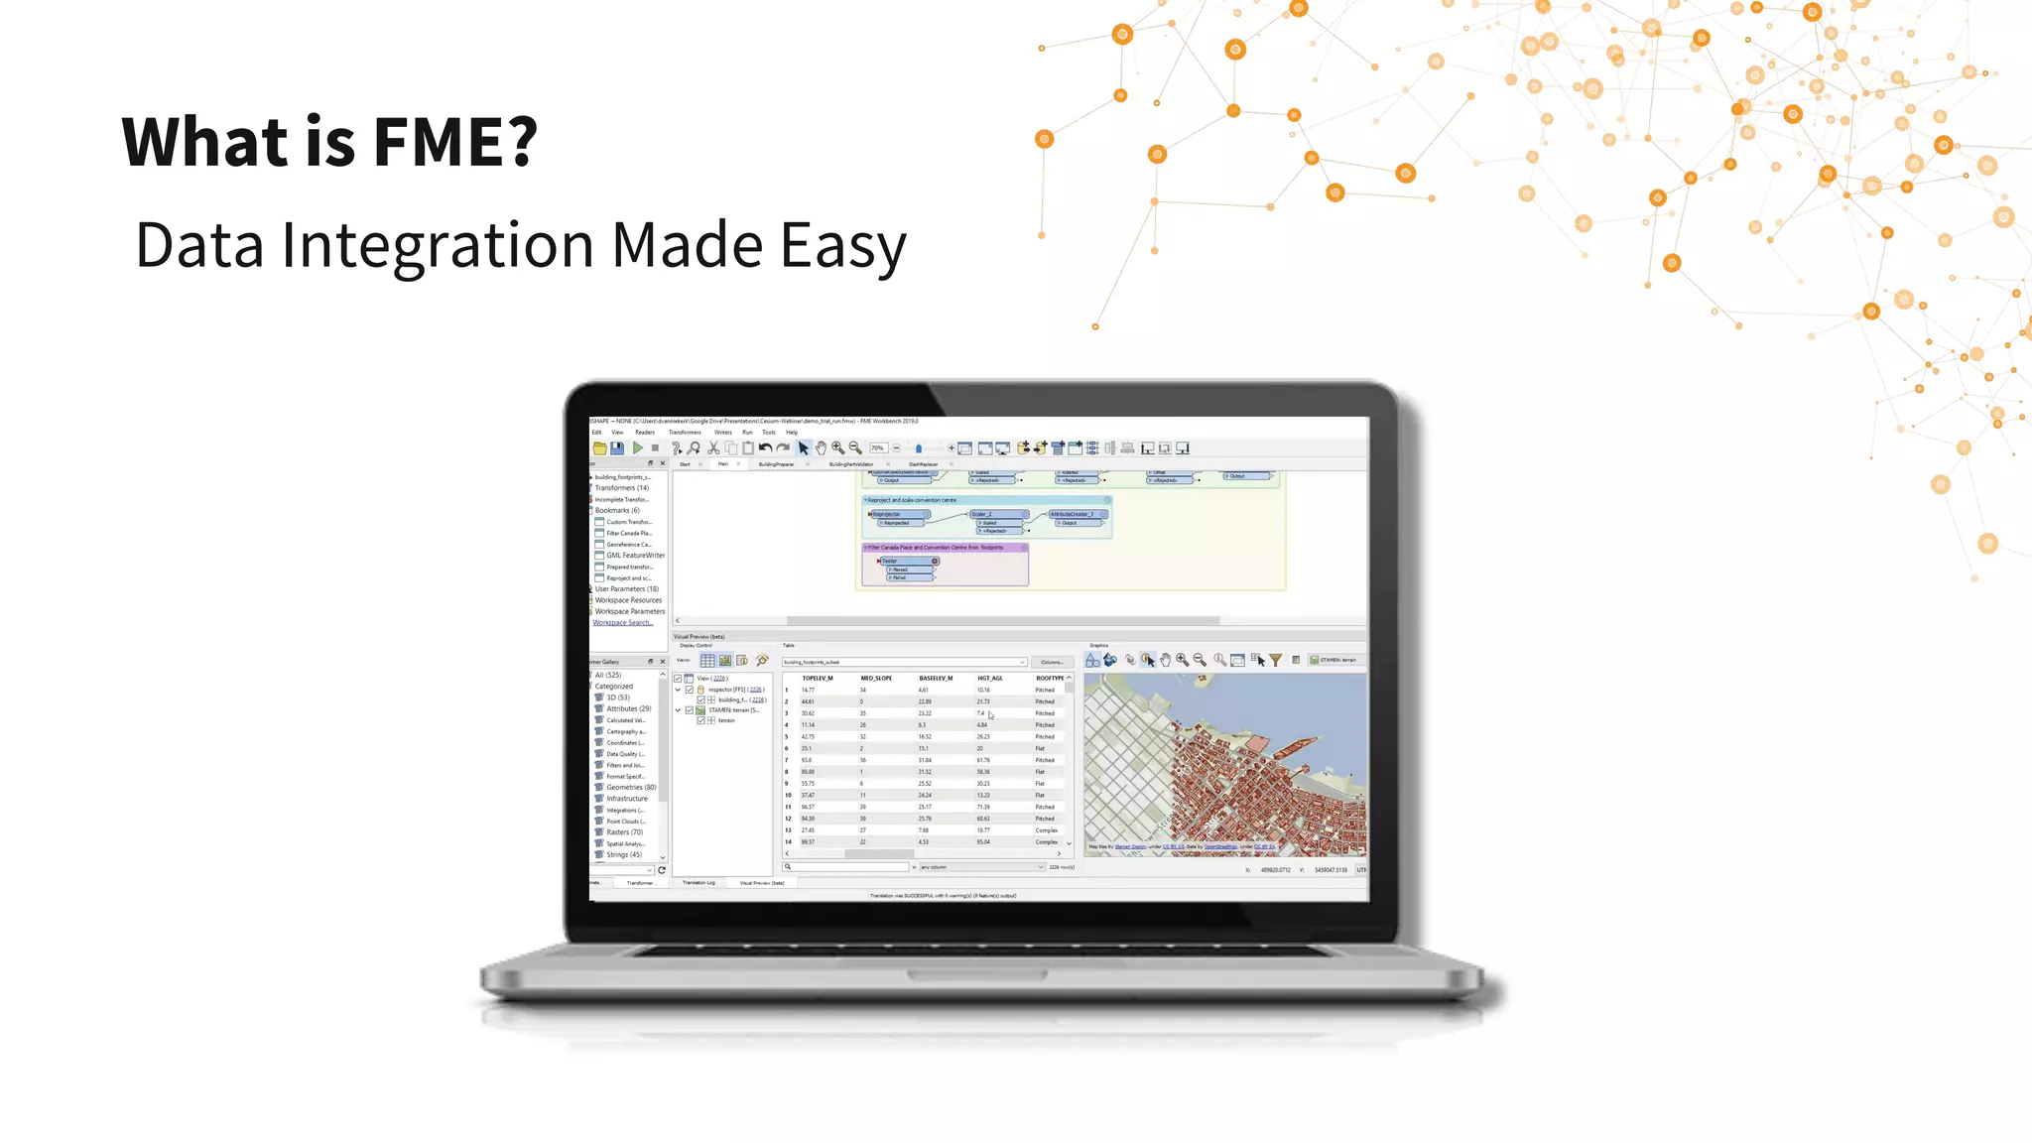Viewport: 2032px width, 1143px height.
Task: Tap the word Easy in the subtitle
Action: (x=842, y=245)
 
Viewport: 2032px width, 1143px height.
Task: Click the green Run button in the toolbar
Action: (x=638, y=448)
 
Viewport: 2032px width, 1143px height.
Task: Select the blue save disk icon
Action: (x=617, y=448)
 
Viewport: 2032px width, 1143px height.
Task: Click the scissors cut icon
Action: (x=712, y=448)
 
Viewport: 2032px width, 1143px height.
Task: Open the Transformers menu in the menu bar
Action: (x=685, y=433)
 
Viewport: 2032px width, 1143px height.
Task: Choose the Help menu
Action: (x=792, y=433)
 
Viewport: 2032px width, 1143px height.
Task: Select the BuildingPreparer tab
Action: (x=776, y=464)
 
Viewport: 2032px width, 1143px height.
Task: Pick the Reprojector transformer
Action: (x=898, y=514)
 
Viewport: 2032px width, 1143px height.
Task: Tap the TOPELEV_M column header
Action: (x=818, y=679)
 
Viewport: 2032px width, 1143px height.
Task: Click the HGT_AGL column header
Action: (x=989, y=679)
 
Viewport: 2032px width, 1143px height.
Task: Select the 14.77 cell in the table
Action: (x=808, y=691)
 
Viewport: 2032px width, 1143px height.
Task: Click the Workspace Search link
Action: (x=623, y=623)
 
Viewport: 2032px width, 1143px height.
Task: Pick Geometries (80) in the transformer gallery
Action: (x=631, y=788)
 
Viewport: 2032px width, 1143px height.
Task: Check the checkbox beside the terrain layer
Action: (x=700, y=721)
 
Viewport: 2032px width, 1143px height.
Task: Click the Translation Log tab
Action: (x=698, y=883)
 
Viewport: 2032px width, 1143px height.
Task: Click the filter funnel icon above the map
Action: (x=1276, y=661)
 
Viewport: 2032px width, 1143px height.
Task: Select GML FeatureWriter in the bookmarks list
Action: (x=635, y=556)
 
